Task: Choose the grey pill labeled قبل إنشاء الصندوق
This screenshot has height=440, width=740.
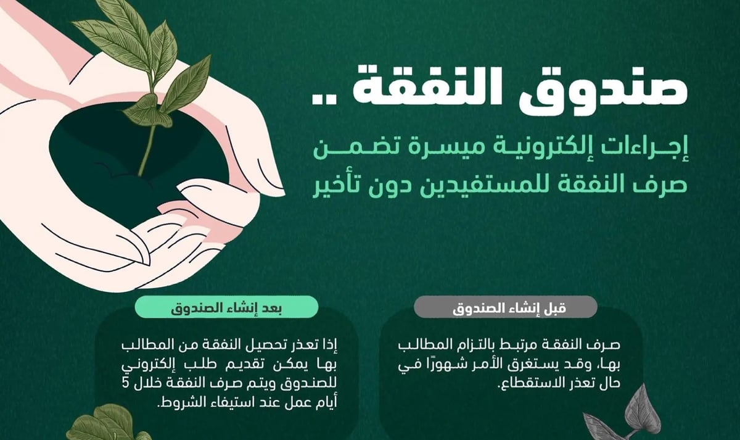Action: coord(506,307)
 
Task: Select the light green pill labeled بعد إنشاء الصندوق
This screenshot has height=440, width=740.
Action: coord(227,307)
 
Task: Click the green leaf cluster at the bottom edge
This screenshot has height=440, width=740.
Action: coord(105,424)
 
